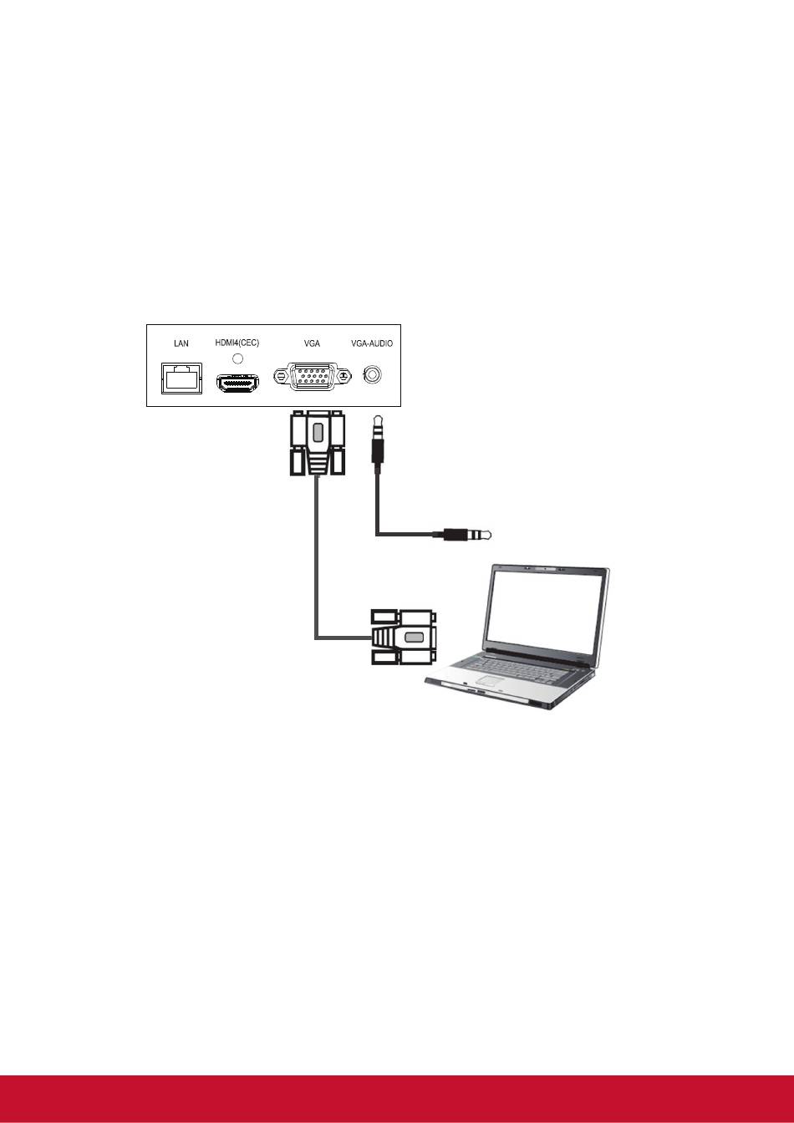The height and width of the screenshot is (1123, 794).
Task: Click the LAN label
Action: coord(181,343)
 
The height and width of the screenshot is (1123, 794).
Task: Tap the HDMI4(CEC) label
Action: coord(237,343)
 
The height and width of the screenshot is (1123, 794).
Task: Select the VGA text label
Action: coord(312,343)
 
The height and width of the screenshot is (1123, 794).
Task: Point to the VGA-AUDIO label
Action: coord(372,343)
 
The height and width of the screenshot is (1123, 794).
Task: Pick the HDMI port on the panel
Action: coord(238,384)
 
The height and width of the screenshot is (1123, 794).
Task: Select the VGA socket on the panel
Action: coord(312,379)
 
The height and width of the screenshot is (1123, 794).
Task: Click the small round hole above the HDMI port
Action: coord(237,358)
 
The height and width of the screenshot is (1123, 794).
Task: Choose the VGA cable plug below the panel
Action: coord(316,443)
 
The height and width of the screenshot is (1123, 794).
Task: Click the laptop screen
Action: coord(547,607)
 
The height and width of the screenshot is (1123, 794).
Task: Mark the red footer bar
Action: coord(397,1098)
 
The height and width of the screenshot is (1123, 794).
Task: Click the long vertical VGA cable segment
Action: coord(316,560)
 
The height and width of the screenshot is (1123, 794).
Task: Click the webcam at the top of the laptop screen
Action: coord(545,567)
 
